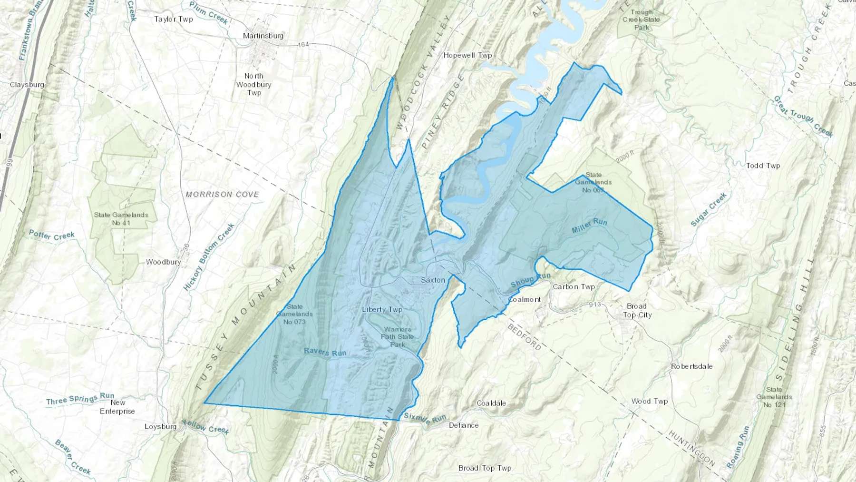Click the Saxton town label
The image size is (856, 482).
433,280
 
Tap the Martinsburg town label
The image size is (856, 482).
263,36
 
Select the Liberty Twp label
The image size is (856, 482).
382,310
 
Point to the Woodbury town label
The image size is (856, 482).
163,262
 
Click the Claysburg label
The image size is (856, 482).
27,85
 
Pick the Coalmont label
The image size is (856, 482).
525,300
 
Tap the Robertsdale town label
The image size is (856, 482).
691,366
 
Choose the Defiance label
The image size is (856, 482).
464,425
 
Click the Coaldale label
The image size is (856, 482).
491,403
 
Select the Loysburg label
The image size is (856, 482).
161,426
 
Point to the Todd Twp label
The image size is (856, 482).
763,166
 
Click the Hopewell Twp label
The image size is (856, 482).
467,55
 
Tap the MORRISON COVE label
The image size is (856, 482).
222,194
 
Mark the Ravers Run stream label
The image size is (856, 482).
325,352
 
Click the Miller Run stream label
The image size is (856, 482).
589,226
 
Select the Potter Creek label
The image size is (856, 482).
52,235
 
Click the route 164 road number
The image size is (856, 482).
303,44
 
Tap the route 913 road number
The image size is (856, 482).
594,305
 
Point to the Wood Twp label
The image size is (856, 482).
649,401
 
